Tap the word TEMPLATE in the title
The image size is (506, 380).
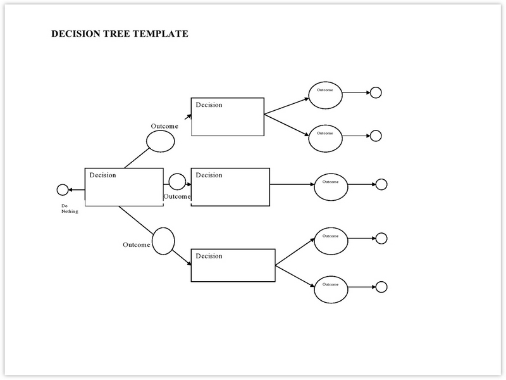(161, 34)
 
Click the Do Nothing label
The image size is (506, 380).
(70, 208)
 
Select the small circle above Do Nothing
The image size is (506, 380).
(63, 190)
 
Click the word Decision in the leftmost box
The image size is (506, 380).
(102, 175)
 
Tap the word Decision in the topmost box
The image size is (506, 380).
(209, 105)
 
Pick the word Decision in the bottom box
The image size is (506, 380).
(209, 256)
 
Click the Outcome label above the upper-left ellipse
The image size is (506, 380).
(164, 126)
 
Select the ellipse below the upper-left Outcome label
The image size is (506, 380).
(161, 141)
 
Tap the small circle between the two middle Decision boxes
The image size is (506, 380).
(177, 182)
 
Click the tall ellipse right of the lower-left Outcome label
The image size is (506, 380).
(163, 241)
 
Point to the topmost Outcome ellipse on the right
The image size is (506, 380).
(325, 95)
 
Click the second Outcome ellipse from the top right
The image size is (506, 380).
(325, 138)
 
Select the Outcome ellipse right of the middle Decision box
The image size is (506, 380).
(331, 187)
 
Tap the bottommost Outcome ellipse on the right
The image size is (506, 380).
(331, 289)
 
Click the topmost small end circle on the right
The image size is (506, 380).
(376, 92)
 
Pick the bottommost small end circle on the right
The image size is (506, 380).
(381, 287)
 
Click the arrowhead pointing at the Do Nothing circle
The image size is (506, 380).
(70, 190)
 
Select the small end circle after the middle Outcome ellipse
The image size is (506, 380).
(381, 184)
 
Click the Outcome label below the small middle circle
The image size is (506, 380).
(177, 196)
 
